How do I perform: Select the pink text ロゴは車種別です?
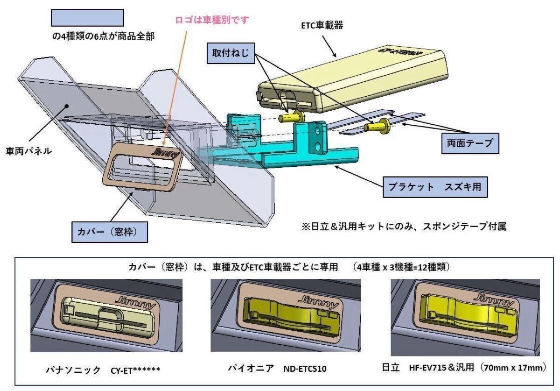(212, 20)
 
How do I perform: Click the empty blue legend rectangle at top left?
(87, 18)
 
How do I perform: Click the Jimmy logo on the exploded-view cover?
(165, 152)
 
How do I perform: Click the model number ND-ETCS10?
(305, 369)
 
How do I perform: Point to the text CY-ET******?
(135, 370)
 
